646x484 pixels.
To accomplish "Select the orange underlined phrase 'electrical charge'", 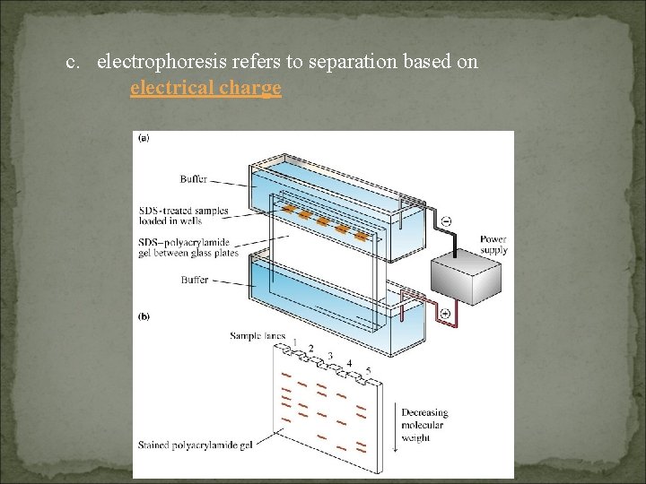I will click(205, 88).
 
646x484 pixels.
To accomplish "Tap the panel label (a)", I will click(143, 138).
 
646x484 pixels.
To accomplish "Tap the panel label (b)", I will click(143, 316).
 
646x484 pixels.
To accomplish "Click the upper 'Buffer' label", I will click(194, 179).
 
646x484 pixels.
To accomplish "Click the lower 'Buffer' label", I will click(194, 280).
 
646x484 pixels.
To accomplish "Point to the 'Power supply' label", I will click(493, 245).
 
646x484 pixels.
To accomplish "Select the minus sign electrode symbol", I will click(446, 220).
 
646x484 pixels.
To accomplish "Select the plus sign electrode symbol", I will click(446, 313).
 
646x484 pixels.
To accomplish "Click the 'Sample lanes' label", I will click(258, 336).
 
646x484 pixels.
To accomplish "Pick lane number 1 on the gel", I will click(295, 342).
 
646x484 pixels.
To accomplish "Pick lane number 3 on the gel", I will click(330, 357).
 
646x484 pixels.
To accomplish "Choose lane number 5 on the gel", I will click(368, 371).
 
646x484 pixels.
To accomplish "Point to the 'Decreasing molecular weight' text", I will click(424, 425).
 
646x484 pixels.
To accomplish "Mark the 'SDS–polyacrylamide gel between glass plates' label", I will click(188, 247).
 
